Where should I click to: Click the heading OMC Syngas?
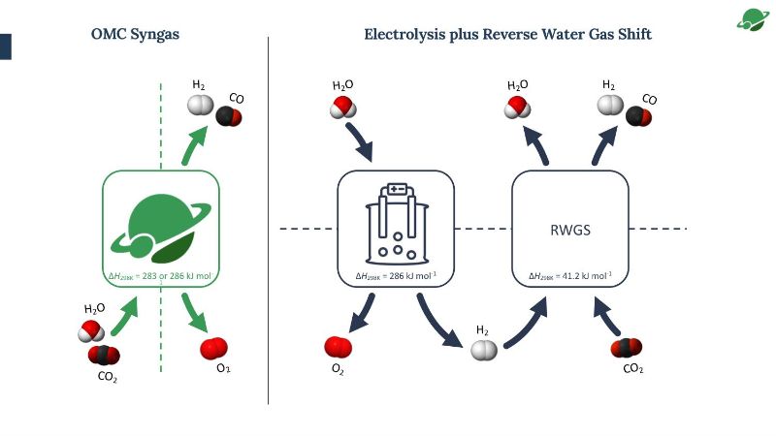pyautogui.click(x=135, y=34)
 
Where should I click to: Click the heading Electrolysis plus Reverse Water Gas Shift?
pyautogui.click(x=507, y=34)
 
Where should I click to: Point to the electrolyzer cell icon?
pyautogui.click(x=396, y=224)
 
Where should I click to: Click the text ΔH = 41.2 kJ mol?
pyautogui.click(x=569, y=277)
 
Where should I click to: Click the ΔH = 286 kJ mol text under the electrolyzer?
pyautogui.click(x=395, y=277)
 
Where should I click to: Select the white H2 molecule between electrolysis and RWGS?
pyautogui.click(x=483, y=351)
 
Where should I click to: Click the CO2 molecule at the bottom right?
pyautogui.click(x=628, y=348)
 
